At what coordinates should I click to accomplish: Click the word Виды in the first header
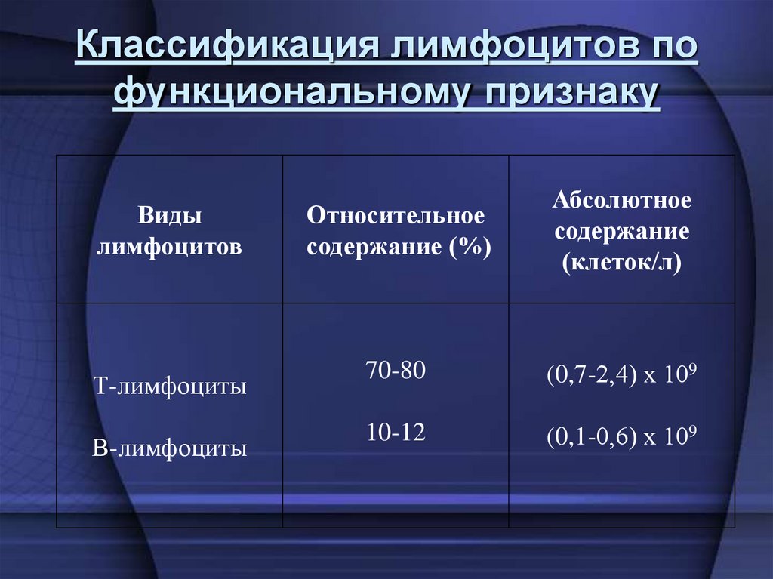[169, 217]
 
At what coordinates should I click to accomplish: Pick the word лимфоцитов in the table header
[169, 247]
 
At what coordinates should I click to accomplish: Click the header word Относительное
[396, 216]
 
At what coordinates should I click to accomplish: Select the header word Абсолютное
[622, 201]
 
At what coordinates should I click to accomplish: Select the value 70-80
[396, 371]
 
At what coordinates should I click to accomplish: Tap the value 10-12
[396, 433]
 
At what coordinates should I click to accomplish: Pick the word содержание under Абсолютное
[622, 232]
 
